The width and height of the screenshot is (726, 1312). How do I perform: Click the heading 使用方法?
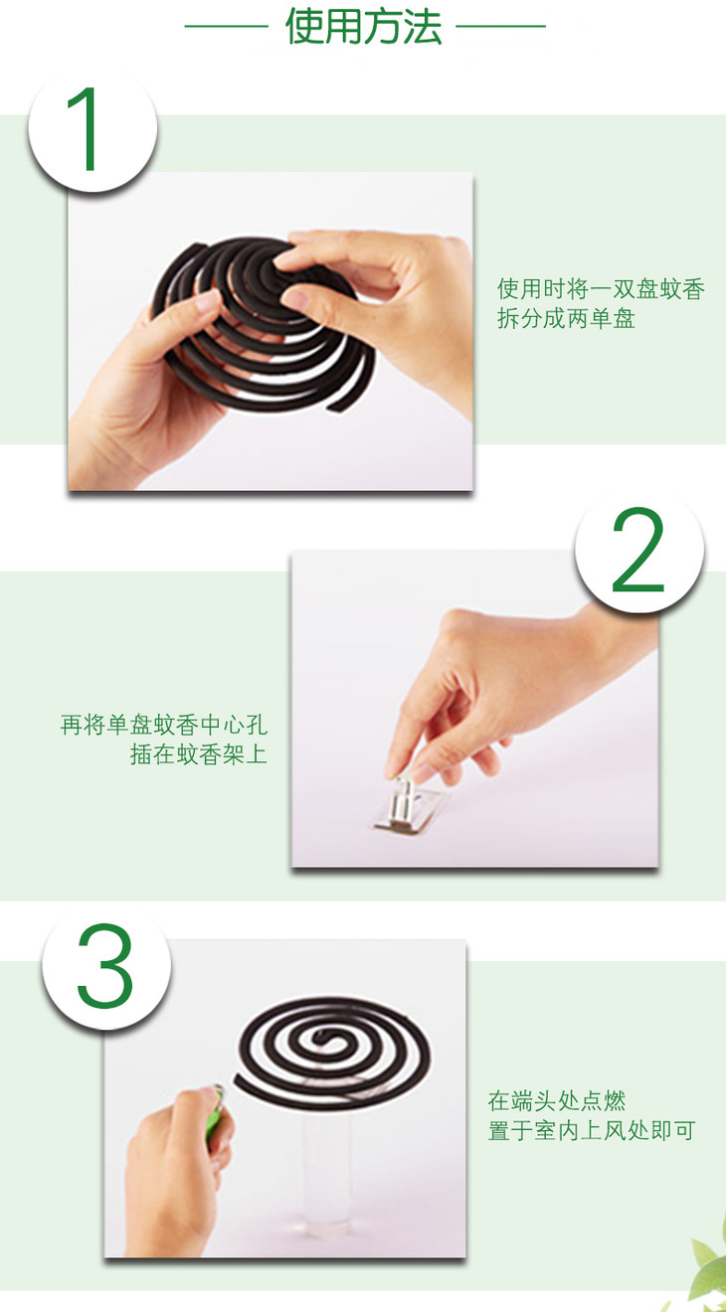363,27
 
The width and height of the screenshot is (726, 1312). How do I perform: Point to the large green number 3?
104,966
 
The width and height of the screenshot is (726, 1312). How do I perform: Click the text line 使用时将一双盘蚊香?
602,289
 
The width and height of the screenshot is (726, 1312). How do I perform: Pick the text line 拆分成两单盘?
566,319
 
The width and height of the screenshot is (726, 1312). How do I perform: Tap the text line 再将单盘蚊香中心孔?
164,726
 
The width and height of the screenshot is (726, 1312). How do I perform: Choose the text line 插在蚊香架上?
199,754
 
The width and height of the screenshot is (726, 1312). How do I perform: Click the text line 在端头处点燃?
557,1100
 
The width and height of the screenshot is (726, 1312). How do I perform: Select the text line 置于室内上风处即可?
592,1130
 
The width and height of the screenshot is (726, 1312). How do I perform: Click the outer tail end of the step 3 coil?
239,1079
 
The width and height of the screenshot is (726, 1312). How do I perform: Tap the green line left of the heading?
226,26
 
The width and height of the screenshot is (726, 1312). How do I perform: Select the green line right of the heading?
501,26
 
